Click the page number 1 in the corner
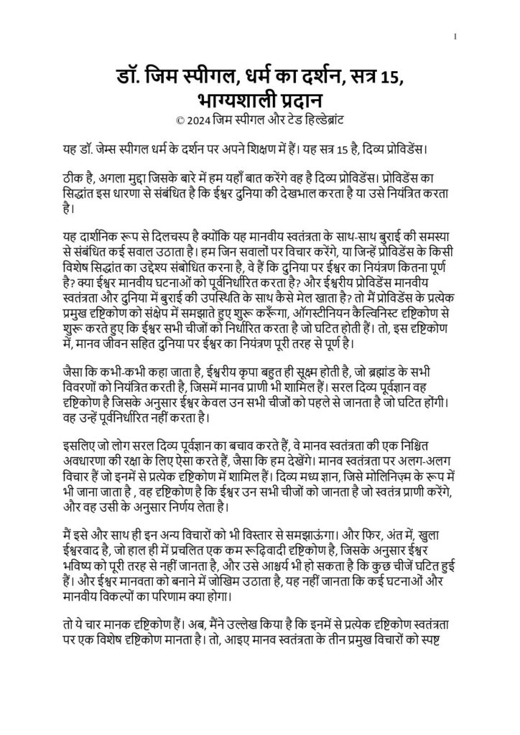pyautogui.click(x=455, y=36)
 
